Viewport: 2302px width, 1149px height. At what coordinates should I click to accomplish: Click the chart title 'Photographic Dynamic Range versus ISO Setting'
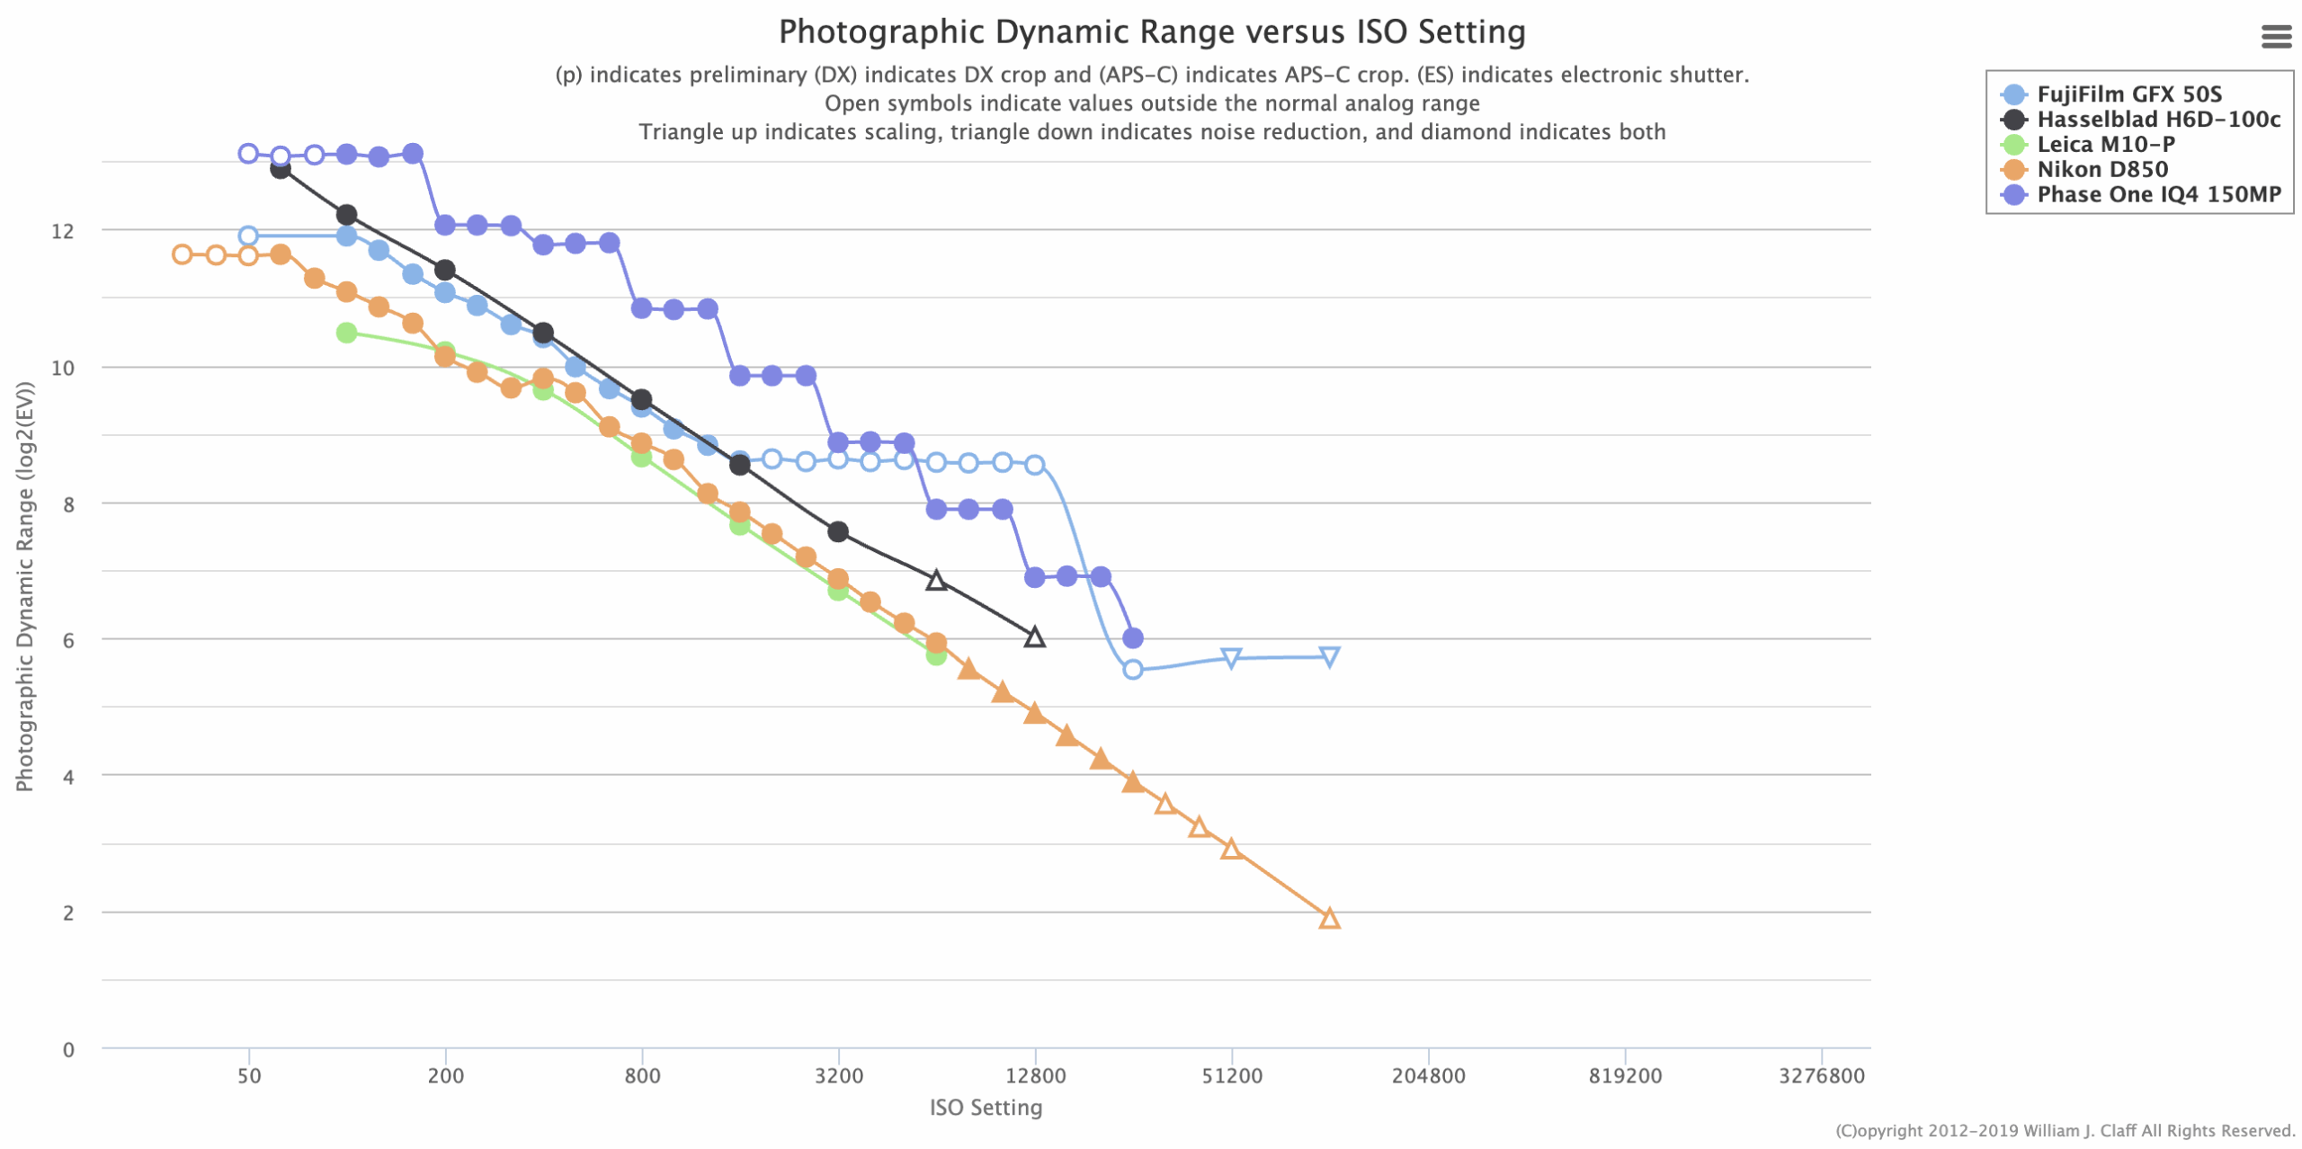1151,31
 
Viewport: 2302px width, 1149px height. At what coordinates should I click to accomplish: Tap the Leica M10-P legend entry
2104,145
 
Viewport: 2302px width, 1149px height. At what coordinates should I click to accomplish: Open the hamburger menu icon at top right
2276,37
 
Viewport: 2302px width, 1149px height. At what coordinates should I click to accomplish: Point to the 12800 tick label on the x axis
1035,1076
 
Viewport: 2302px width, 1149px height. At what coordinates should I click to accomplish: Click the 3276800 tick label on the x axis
1821,1076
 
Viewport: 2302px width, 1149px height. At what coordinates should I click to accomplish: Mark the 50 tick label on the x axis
249,1076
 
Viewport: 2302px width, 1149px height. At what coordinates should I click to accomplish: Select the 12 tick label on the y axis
63,231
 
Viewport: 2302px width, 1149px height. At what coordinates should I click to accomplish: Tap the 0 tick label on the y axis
68,1049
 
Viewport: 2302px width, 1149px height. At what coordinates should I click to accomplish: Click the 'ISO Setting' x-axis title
986,1108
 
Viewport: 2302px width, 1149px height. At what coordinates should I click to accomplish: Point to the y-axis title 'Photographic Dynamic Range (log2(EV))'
25,586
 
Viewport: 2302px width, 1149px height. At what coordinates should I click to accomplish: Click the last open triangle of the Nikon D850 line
1329,918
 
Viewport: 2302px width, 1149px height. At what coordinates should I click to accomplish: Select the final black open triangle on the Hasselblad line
1035,637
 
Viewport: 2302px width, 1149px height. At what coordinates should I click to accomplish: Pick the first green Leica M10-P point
347,334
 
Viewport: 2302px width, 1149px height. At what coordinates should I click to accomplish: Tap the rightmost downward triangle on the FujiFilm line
1329,656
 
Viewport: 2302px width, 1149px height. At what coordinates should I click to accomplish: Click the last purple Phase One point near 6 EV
1133,637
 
